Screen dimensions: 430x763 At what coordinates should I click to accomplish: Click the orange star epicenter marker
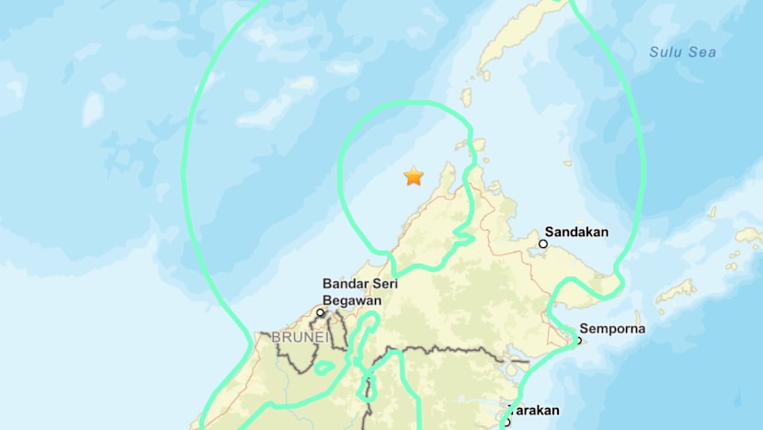click(414, 175)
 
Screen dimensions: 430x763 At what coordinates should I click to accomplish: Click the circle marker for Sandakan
click(543, 244)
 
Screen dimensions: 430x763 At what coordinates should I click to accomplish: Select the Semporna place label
click(611, 329)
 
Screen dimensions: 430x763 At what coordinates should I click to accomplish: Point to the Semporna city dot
click(578, 341)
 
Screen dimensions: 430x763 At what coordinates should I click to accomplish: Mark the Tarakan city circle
click(506, 423)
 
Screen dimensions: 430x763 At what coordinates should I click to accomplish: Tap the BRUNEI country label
click(299, 337)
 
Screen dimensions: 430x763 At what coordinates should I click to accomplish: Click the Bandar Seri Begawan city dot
click(321, 312)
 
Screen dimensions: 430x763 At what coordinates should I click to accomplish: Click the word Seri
click(383, 285)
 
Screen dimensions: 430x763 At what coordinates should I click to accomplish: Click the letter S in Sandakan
click(550, 232)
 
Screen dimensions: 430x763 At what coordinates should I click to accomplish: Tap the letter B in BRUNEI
click(276, 337)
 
